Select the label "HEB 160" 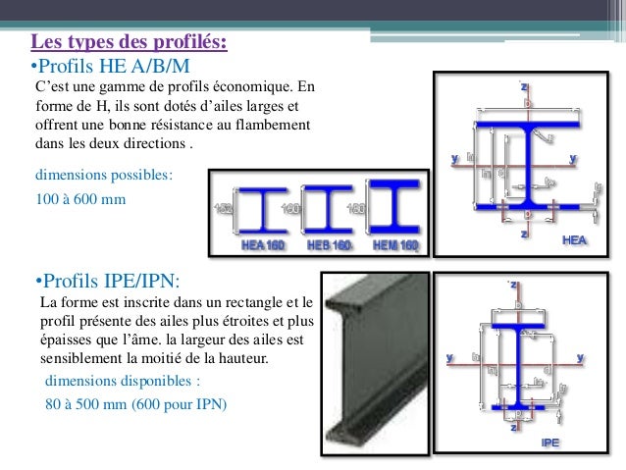coord(328,245)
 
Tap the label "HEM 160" coord(393,245)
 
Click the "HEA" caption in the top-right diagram coord(575,239)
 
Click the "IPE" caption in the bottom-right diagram coord(551,443)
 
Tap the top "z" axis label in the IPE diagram coord(513,285)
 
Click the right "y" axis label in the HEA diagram coord(572,157)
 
